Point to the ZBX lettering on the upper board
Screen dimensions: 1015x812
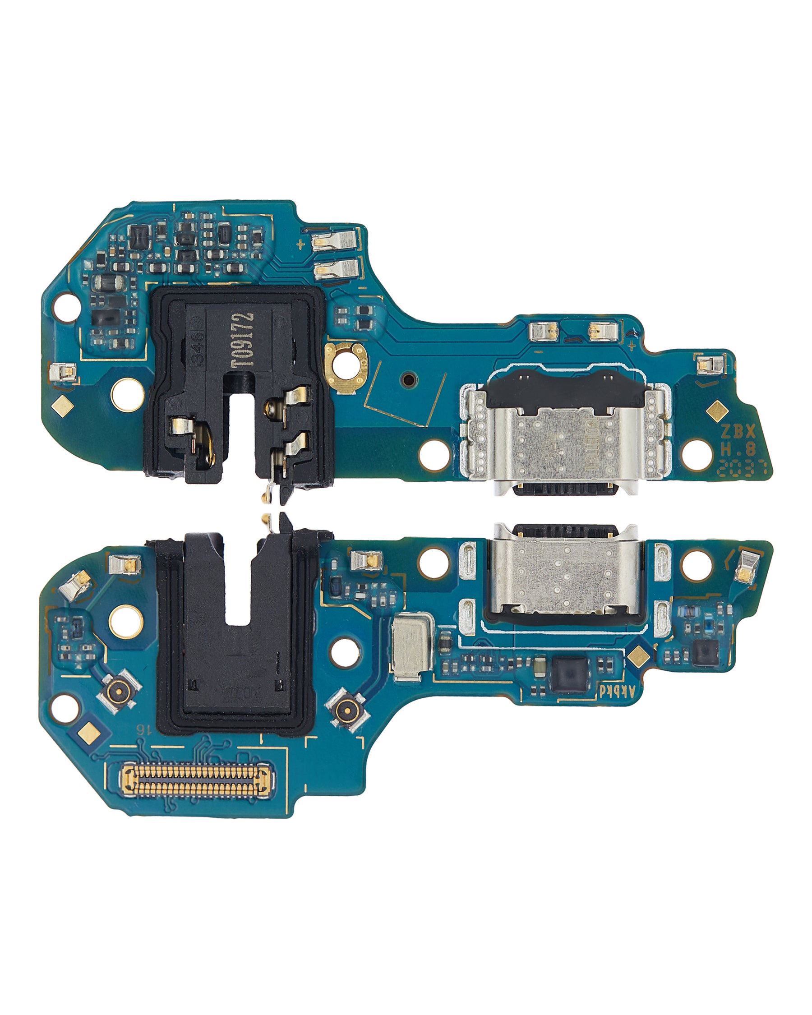coord(738,431)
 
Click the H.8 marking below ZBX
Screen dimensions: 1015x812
coord(738,449)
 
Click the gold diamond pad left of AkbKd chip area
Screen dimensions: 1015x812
coord(638,655)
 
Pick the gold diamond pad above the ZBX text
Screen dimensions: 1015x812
coord(717,410)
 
